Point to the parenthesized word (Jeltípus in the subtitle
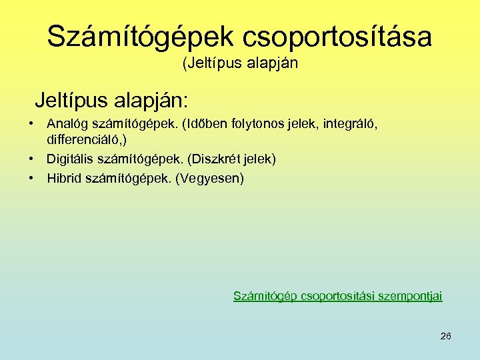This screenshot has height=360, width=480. coord(205,64)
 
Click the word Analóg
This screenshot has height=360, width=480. coord(65,123)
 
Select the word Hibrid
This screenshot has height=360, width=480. coord(64,178)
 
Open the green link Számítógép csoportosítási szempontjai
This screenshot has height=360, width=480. coord(337,295)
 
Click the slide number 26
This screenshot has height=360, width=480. coord(446,336)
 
